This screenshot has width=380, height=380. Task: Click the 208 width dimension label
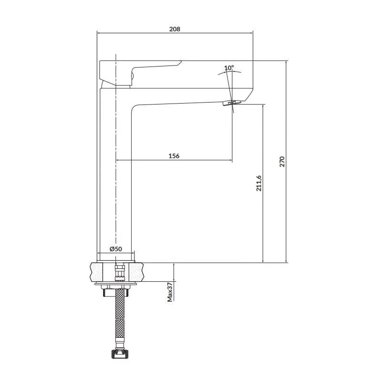[174, 29]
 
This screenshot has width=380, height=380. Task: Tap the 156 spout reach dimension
[174, 156]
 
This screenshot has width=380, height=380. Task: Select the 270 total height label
[282, 161]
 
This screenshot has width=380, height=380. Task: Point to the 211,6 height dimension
[259, 183]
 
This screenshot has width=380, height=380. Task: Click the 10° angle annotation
[229, 68]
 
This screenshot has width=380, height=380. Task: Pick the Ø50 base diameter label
[115, 249]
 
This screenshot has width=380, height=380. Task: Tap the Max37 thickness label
[170, 292]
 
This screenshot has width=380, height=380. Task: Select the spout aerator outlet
[232, 103]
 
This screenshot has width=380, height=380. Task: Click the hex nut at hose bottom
[120, 354]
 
